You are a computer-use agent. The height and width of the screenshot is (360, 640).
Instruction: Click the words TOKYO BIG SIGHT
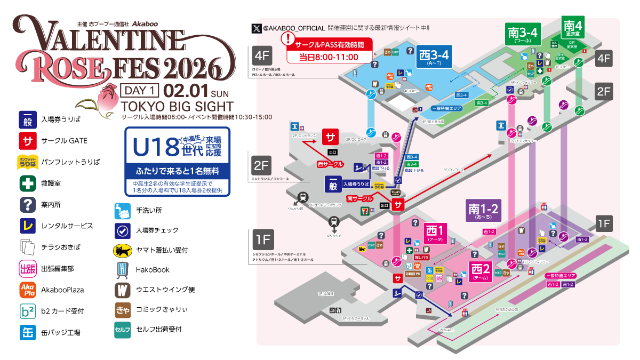(x=177, y=106)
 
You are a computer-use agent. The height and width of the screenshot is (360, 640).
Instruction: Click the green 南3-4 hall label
(x=524, y=35)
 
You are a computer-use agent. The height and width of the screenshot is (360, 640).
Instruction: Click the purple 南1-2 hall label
(x=483, y=210)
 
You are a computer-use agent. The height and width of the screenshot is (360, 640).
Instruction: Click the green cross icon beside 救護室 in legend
(x=27, y=183)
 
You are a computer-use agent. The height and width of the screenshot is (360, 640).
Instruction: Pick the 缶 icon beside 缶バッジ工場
(x=27, y=332)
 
